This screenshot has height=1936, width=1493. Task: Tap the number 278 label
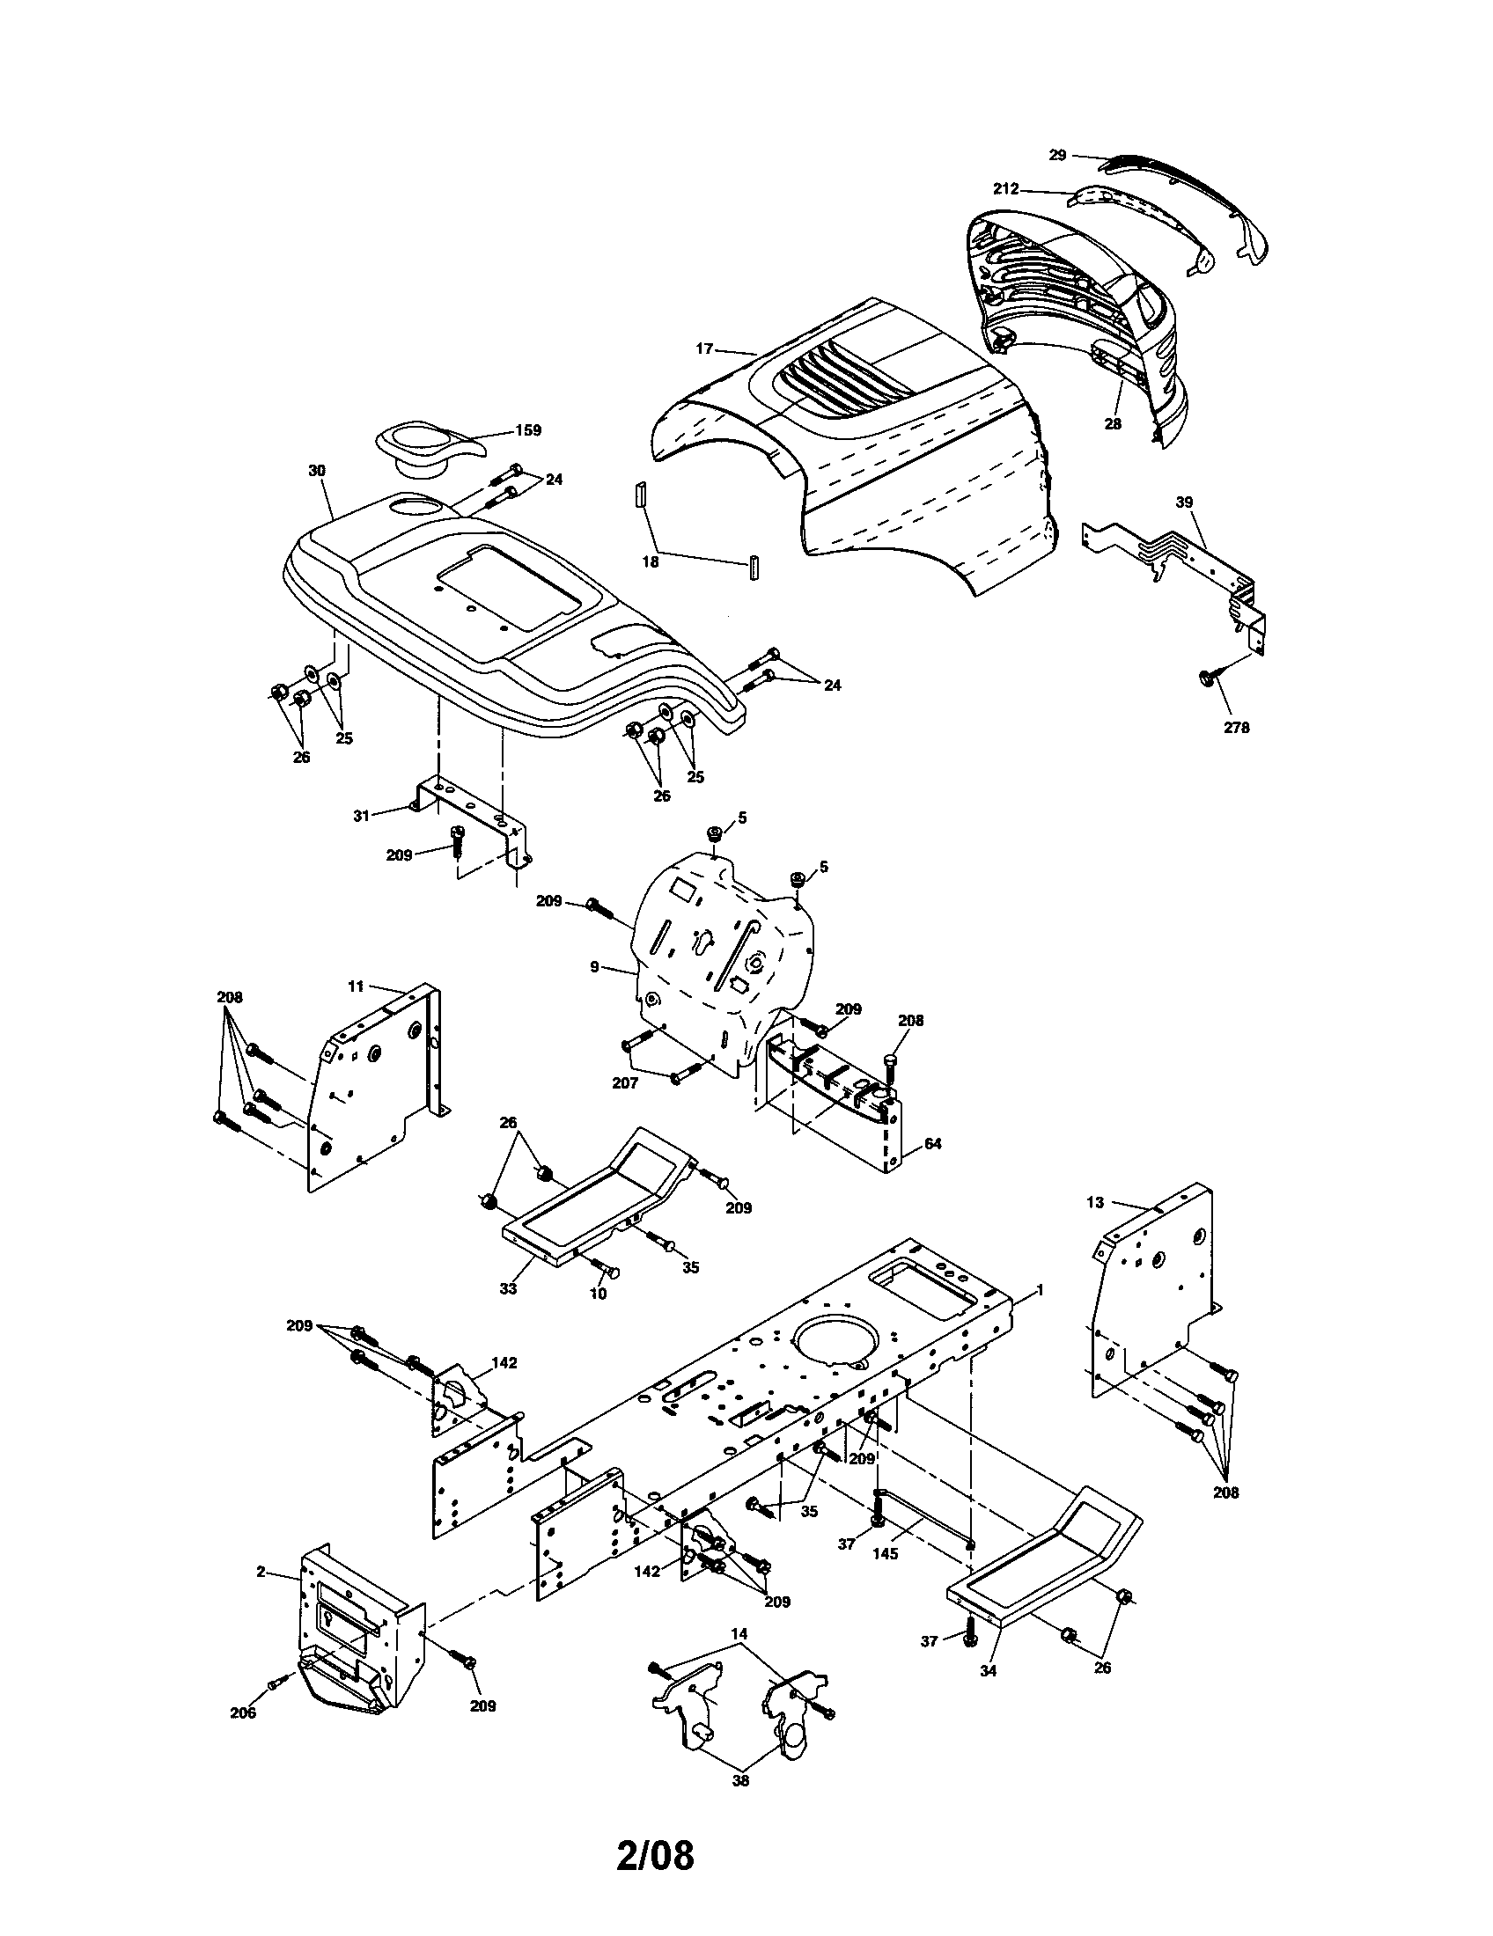pos(1236,728)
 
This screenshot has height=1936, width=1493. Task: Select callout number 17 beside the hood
pos(704,349)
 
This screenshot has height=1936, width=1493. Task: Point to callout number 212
pos(1006,189)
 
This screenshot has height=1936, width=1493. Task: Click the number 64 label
pos(932,1143)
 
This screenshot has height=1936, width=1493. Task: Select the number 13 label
pos(1095,1202)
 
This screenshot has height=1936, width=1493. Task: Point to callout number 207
pos(626,1083)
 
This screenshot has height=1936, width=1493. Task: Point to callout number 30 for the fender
pos(317,471)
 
